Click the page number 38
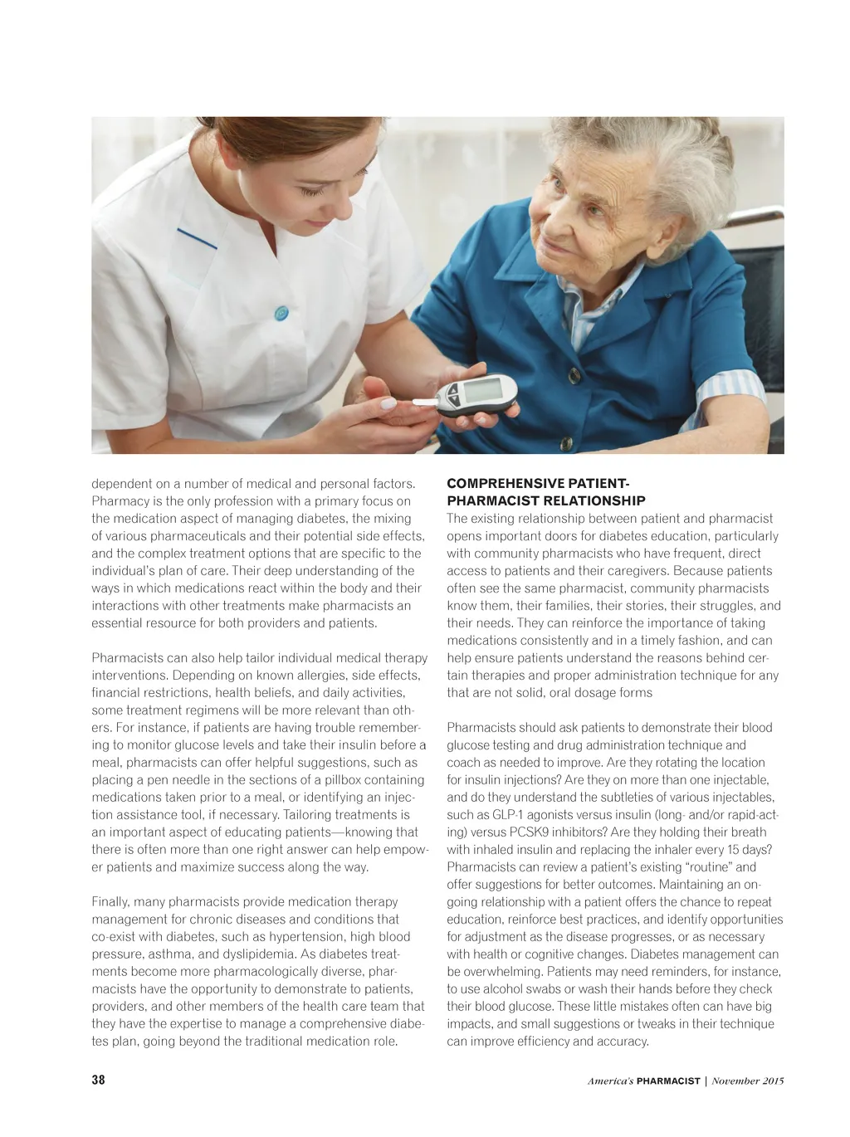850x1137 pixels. pos(98,1080)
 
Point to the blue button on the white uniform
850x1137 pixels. pos(281,313)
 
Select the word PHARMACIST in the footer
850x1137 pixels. pos(667,1081)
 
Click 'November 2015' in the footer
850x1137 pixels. pos(747,1081)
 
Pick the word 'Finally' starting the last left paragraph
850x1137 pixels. pos(110,901)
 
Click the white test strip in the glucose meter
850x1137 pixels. pos(424,403)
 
